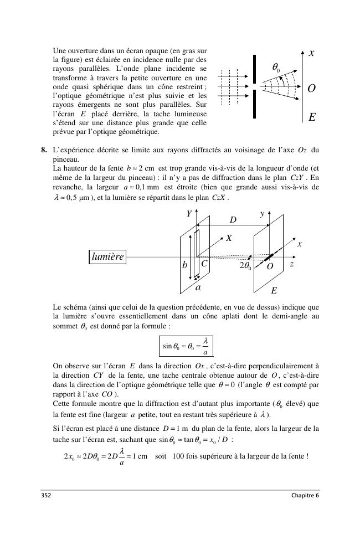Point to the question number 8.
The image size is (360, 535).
[43, 150]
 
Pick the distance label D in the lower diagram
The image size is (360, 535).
[233, 220]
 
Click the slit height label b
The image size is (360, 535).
[185, 265]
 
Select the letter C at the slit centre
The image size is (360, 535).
[204, 265]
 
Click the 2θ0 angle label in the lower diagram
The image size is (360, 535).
[245, 266]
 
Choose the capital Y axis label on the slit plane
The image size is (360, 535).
[188, 214]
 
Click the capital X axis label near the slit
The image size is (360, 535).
[228, 238]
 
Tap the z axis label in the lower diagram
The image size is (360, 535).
[292, 265]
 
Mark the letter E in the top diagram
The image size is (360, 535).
[312, 117]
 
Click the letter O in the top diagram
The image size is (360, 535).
[312, 89]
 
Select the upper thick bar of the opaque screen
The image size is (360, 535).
[254, 69]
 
